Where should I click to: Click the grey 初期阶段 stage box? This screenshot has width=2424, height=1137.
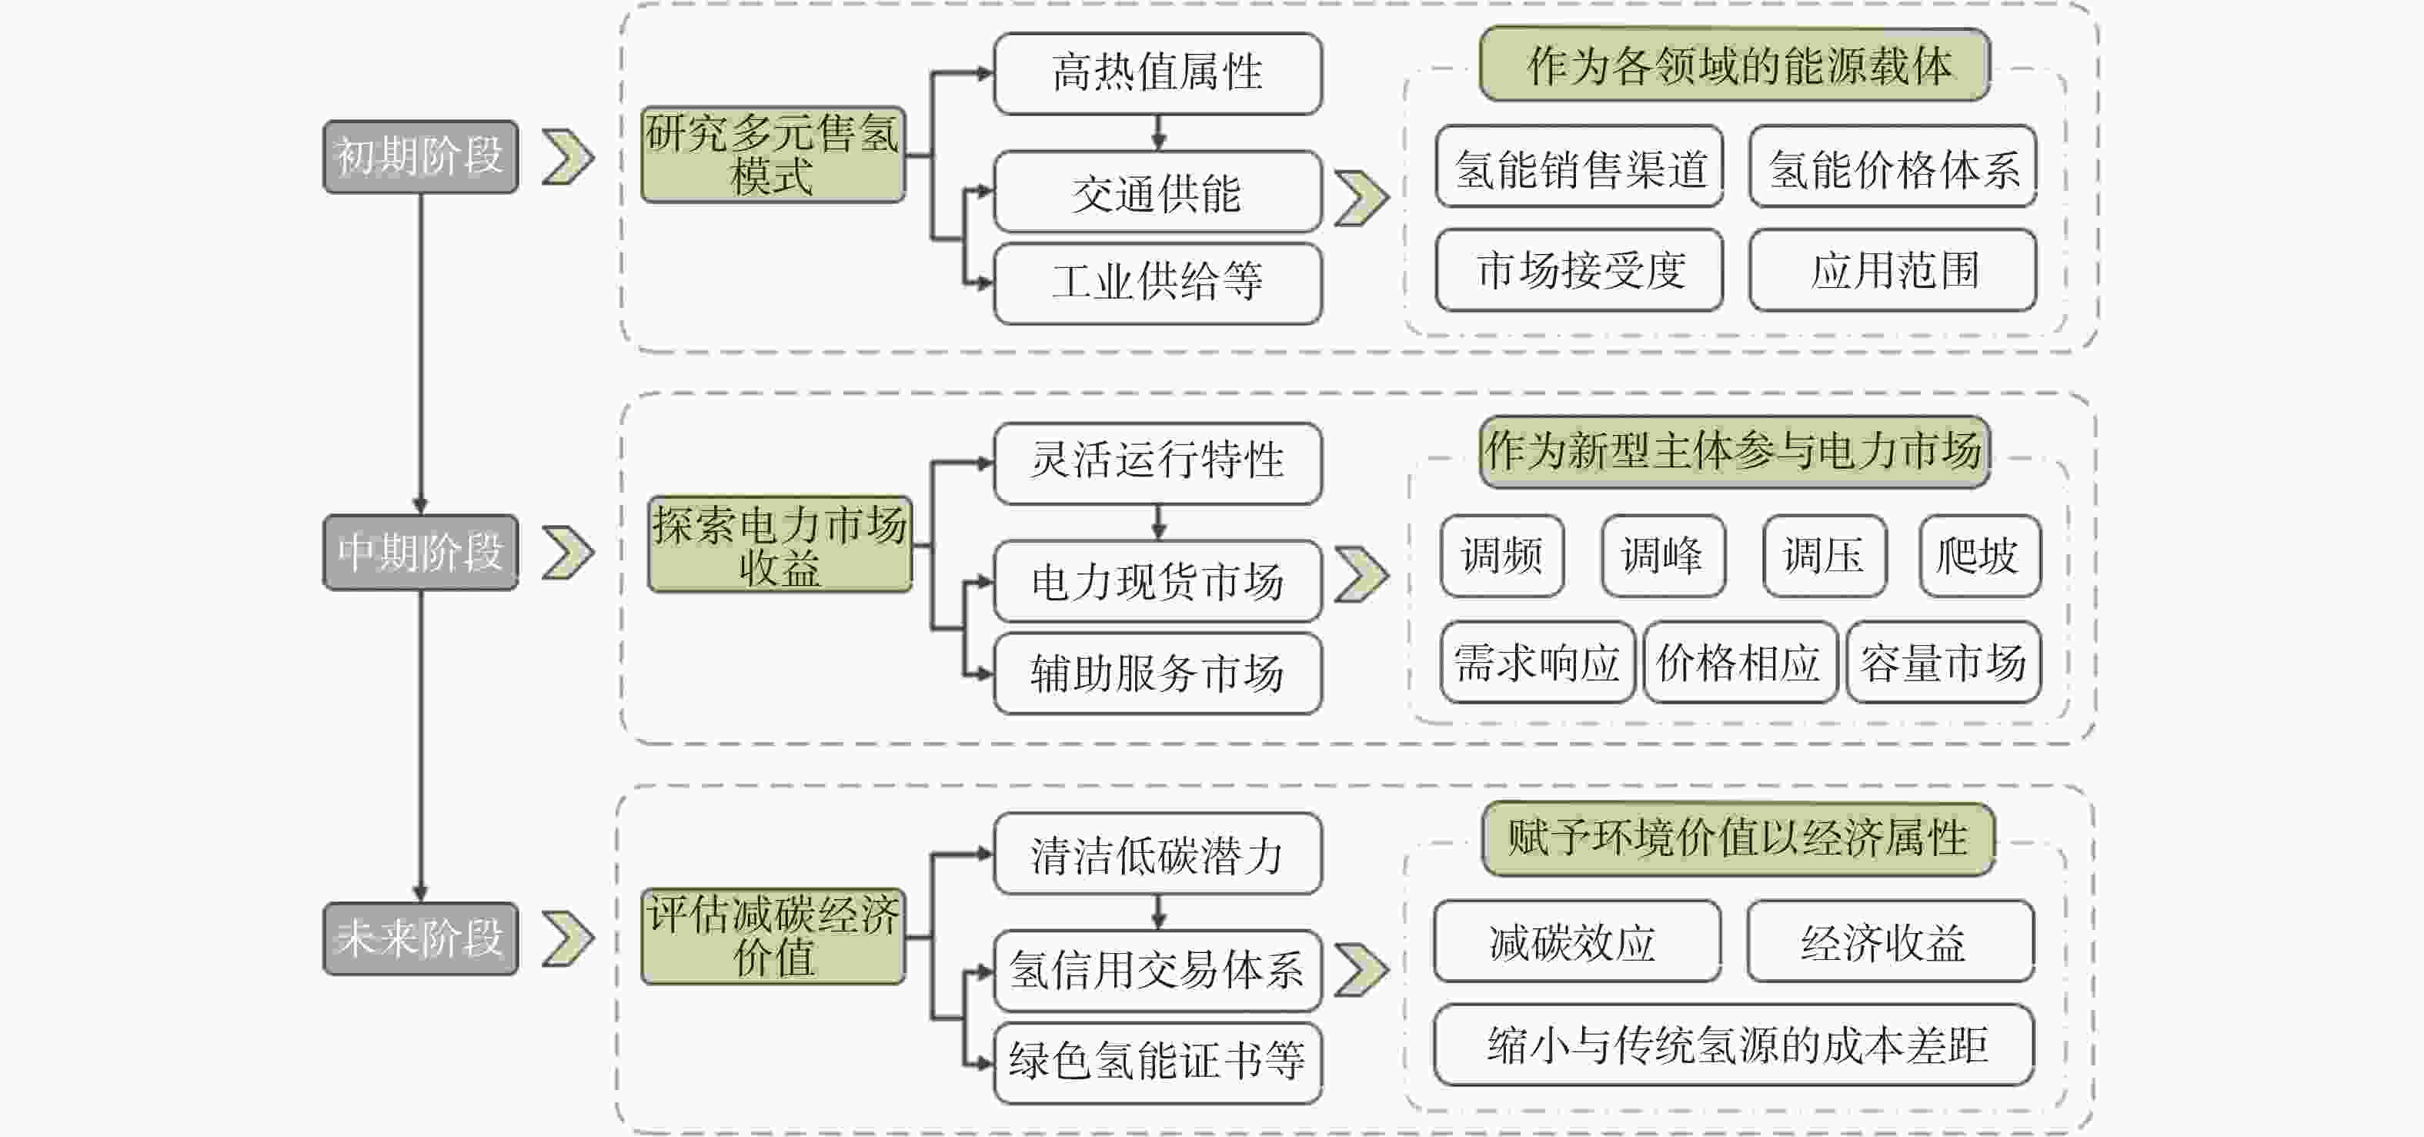421,156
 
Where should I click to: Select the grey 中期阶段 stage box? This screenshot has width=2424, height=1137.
421,553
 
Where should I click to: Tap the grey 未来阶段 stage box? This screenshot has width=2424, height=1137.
421,938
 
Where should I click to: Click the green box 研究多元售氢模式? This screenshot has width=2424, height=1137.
773,155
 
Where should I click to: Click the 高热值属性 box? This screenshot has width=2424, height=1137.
1157,73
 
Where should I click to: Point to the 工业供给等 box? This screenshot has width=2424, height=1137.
1157,283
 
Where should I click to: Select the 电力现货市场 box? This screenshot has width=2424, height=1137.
1157,580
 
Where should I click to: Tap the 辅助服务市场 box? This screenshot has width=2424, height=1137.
1157,673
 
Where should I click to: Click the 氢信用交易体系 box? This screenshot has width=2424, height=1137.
1157,971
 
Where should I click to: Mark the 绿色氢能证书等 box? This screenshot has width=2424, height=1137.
1157,1062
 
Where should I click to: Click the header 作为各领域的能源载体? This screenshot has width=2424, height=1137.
1735,65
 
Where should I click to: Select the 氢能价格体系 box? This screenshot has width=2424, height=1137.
1892,166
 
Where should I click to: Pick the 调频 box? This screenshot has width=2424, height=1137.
1502,555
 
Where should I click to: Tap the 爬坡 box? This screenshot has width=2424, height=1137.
1980,555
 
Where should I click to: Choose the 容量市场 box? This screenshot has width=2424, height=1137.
1943,662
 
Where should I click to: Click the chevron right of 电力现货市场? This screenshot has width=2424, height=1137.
1361,574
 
